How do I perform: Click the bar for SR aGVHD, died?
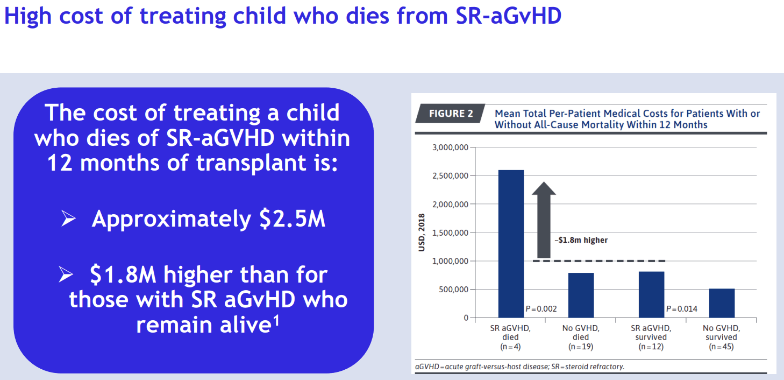(511, 244)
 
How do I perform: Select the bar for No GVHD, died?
(581, 295)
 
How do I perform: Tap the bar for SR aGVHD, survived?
(651, 294)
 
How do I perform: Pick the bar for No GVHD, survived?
(722, 303)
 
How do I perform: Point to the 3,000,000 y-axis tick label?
(450, 147)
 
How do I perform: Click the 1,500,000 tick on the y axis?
(450, 233)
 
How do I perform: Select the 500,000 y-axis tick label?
(454, 290)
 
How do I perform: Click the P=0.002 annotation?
(541, 309)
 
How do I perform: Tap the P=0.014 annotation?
(682, 309)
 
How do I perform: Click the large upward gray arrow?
(544, 220)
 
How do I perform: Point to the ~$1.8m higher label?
(581, 240)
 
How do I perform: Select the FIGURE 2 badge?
(451, 114)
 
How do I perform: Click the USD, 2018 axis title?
(422, 233)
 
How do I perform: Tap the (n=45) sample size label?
(721, 347)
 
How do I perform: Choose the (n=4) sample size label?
(511, 347)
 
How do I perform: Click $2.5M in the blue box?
(292, 219)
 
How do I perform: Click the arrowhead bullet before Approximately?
(68, 219)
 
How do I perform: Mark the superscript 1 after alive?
(276, 320)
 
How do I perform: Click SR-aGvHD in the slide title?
(509, 16)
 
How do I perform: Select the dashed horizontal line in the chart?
(599, 261)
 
